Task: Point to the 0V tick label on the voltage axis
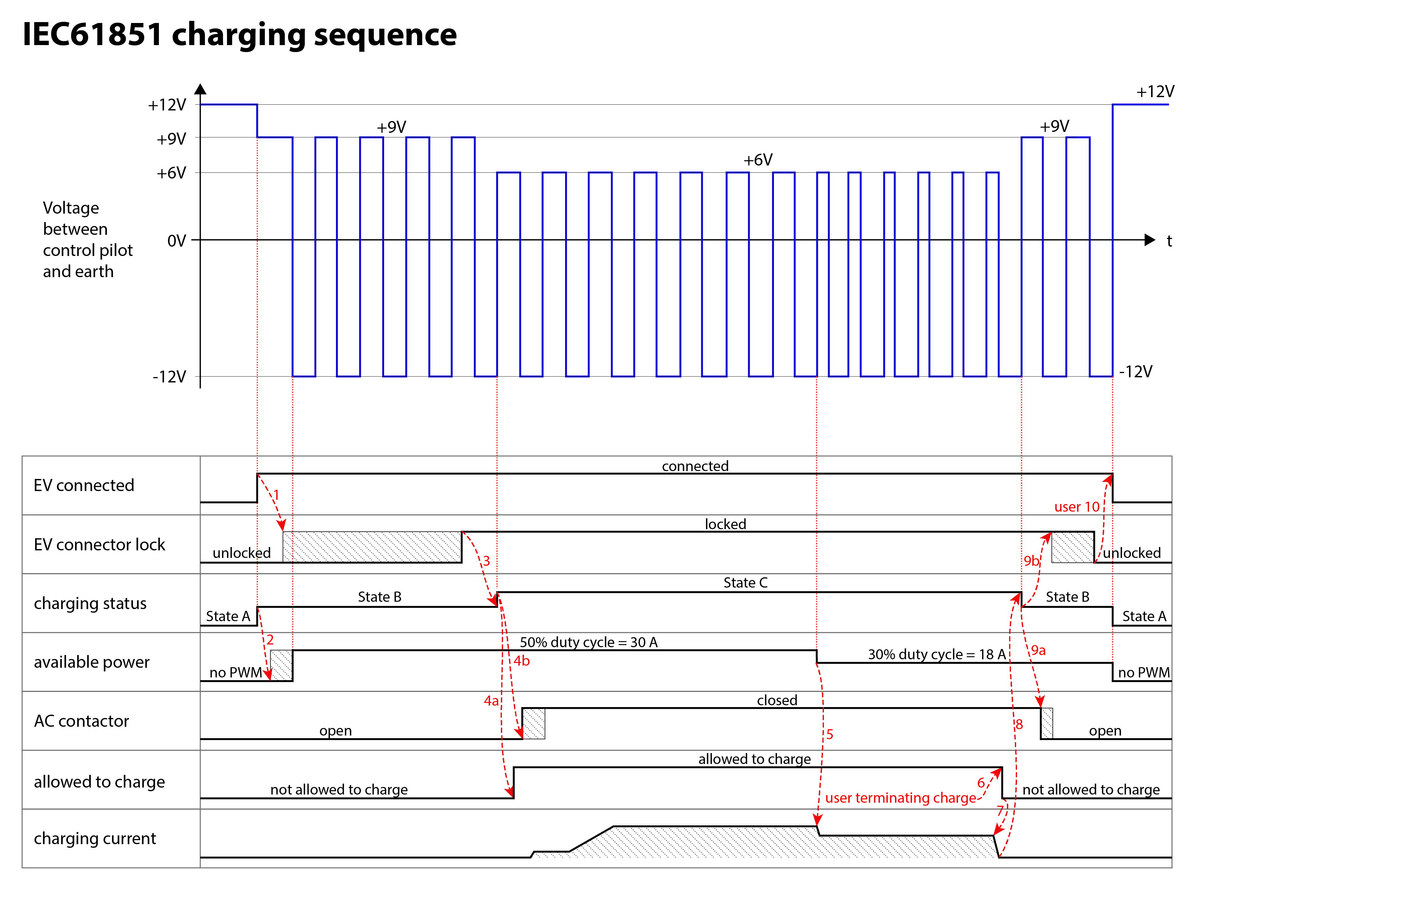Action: click(x=176, y=241)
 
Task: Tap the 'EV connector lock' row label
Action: click(x=99, y=544)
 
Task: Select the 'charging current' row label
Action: click(x=95, y=838)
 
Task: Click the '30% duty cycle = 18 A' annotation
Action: click(x=937, y=654)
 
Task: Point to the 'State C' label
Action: click(x=745, y=583)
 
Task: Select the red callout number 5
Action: click(x=830, y=734)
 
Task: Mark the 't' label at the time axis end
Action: click(x=1169, y=241)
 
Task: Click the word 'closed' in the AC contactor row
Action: click(x=777, y=700)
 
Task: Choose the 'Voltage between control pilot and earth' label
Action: click(x=87, y=240)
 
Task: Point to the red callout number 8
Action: click(x=1019, y=724)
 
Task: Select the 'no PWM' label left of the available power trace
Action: click(x=235, y=673)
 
